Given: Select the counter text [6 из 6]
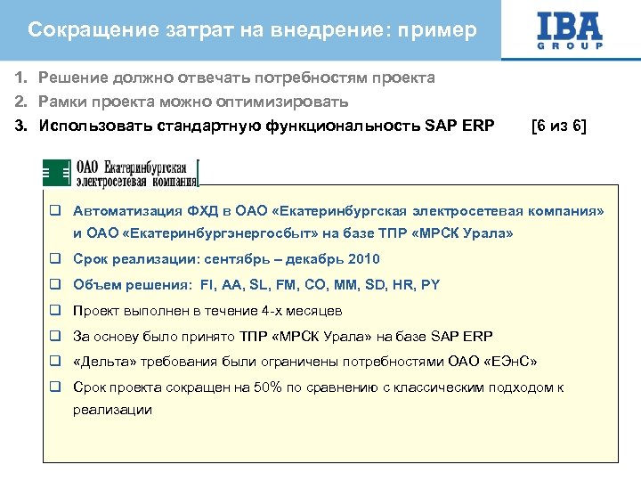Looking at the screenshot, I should point(558,126).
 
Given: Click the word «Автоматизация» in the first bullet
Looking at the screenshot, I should point(126,212).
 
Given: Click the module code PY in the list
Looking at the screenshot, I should point(431,285).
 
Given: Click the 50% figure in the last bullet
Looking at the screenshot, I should point(271,388).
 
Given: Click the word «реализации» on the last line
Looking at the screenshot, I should point(112,411).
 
